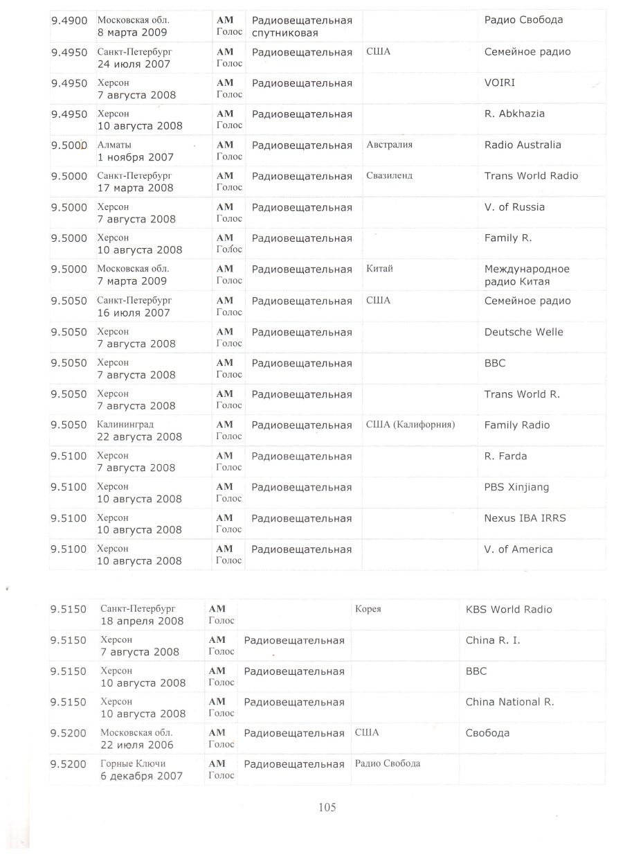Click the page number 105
327,806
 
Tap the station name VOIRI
499,83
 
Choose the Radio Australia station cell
523,145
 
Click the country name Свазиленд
389,176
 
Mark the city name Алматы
114,145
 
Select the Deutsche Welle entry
523,332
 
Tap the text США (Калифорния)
410,425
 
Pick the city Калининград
125,425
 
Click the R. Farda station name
505,456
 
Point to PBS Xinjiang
516,487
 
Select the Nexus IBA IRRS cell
525,518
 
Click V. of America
518,549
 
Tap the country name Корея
368,610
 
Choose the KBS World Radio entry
509,610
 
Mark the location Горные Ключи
133,763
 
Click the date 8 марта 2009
132,33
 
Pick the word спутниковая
285,33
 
